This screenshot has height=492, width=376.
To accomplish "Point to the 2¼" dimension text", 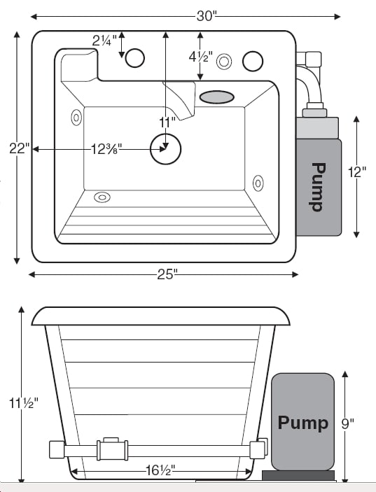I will (x=104, y=41).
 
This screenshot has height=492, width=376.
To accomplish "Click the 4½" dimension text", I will (x=200, y=57).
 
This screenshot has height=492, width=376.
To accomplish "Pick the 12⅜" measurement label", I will (x=107, y=148).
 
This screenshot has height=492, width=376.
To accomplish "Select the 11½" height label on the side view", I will (x=22, y=403).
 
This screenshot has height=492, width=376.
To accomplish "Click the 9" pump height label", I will (x=348, y=422).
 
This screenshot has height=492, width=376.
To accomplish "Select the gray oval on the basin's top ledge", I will (x=216, y=97).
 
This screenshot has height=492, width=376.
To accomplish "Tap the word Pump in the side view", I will (x=302, y=423).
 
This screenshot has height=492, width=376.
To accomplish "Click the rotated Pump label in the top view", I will (x=318, y=186).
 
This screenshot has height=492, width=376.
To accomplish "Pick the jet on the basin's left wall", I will (x=76, y=116).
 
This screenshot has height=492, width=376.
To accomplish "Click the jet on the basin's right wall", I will (x=258, y=182).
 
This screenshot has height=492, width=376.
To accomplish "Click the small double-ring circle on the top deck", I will (x=224, y=62).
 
